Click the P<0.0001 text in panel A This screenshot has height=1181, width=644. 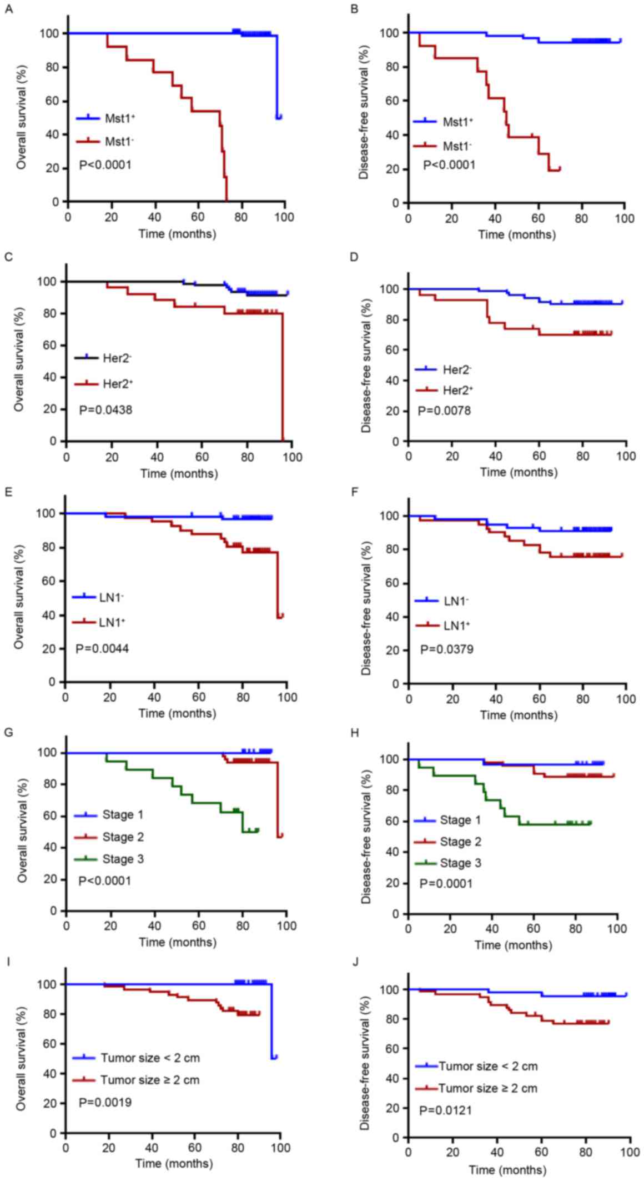tap(105, 164)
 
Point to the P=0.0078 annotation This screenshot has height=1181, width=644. tap(444, 411)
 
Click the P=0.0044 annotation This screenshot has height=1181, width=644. tap(103, 648)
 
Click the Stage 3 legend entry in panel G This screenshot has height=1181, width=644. tap(123, 859)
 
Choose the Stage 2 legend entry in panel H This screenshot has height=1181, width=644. tap(460, 842)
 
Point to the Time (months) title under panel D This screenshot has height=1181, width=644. tap(519, 472)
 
